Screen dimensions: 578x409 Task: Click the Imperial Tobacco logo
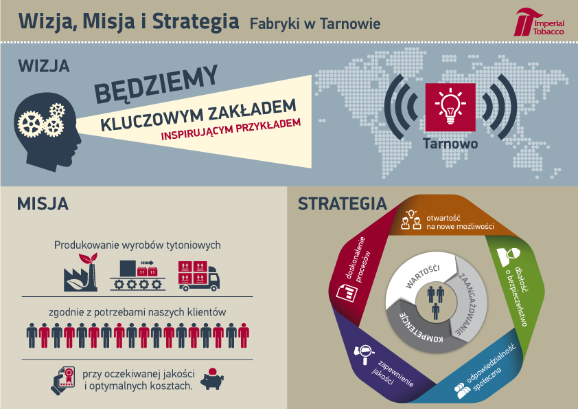tap(539, 22)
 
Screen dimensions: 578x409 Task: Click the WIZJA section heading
tap(44, 67)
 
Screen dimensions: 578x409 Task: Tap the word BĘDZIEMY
tap(156, 85)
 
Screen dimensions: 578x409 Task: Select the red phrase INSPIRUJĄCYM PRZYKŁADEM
tap(231, 129)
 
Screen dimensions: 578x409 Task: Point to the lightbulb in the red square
tap(450, 107)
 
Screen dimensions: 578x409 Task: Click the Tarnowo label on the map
tap(450, 144)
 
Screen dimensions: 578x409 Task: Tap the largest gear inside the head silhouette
tap(30, 124)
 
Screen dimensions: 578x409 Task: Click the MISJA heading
tap(43, 203)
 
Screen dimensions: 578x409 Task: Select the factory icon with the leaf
tap(81, 272)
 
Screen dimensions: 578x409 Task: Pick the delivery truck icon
tap(198, 276)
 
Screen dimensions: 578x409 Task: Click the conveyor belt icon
tap(137, 275)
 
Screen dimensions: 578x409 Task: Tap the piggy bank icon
tap(212, 379)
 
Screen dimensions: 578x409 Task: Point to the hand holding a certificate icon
tap(62, 381)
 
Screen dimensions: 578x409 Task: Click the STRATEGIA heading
tap(343, 203)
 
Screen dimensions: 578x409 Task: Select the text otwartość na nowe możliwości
tap(460, 222)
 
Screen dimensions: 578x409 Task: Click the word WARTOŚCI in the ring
tap(422, 276)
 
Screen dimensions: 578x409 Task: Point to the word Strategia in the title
tap(196, 21)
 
